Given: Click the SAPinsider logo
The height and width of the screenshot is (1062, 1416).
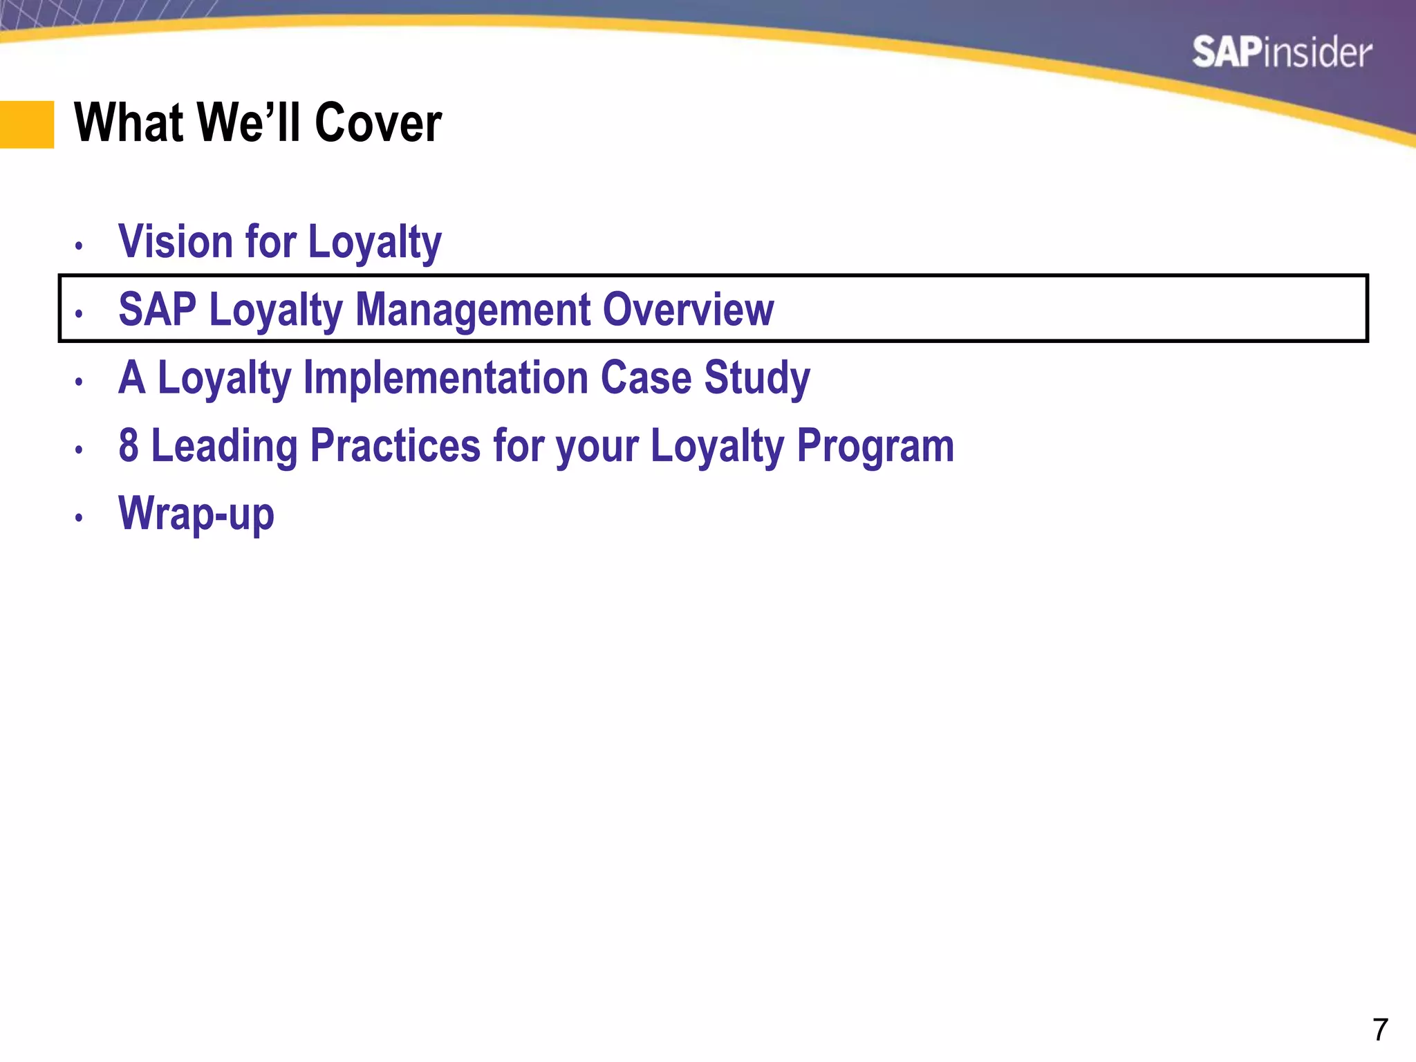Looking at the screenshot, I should pyautogui.click(x=1281, y=53).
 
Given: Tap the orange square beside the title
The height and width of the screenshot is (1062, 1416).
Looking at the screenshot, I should pyautogui.click(x=26, y=124).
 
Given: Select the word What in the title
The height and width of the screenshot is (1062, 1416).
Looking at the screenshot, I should pyautogui.click(x=129, y=123).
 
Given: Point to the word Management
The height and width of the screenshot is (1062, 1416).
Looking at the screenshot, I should pyautogui.click(x=473, y=309).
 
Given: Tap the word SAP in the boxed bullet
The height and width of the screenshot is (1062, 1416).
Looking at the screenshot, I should pyautogui.click(x=157, y=309).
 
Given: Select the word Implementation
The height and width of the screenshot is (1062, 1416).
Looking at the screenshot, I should pyautogui.click(x=445, y=378).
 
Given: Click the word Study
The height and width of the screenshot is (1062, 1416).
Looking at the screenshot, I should pyautogui.click(x=756, y=379).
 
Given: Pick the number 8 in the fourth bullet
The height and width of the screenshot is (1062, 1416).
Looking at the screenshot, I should pyautogui.click(x=129, y=445).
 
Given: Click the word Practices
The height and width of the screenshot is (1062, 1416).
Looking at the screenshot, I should pyautogui.click(x=395, y=445).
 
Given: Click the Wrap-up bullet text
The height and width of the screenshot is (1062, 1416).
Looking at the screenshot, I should pyautogui.click(x=196, y=514).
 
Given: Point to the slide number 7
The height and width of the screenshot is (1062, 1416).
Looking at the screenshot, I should pyautogui.click(x=1379, y=1030).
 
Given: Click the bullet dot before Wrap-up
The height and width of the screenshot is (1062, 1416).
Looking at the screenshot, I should pyautogui.click(x=80, y=517).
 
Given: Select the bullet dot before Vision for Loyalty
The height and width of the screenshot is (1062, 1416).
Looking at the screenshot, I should pyautogui.click(x=80, y=245).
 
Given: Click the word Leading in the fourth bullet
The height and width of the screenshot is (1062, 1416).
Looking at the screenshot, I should pyautogui.click(x=224, y=447).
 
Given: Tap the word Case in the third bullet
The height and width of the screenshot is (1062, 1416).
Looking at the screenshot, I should pyautogui.click(x=646, y=378).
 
